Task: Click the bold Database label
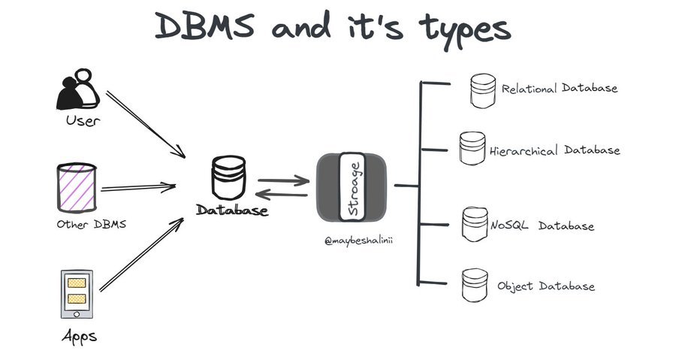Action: coord(232,211)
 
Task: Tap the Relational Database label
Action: coord(560,89)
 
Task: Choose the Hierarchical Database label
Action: coord(555,150)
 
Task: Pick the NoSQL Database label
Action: coord(542,226)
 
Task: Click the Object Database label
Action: coord(546,286)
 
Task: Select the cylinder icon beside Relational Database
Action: coord(481,90)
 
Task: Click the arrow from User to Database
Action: coord(145,123)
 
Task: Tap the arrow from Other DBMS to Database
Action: coord(138,187)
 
